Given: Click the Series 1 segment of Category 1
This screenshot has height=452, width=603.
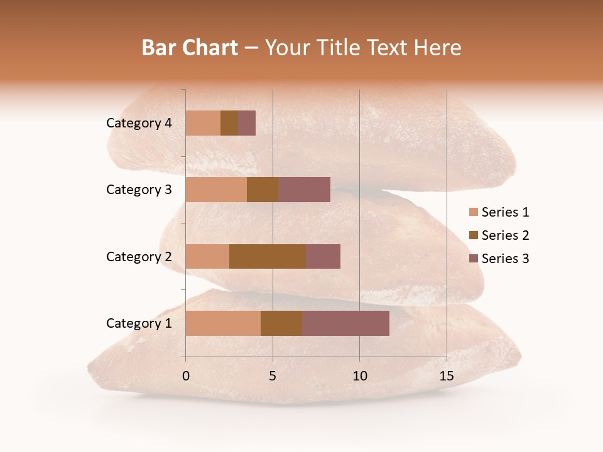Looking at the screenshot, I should (x=223, y=323).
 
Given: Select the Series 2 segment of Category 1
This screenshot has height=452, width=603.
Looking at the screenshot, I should (x=281, y=323).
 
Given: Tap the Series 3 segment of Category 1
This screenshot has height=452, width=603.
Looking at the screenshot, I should (x=345, y=323).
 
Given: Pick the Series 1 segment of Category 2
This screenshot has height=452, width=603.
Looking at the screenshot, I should (x=207, y=256).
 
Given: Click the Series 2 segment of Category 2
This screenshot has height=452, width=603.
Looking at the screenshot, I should (x=268, y=256).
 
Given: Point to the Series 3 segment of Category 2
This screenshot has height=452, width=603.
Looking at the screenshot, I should (x=323, y=256).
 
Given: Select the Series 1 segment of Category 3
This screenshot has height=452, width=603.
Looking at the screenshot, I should (x=216, y=190).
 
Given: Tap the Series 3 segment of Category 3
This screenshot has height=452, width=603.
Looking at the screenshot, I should (x=304, y=190).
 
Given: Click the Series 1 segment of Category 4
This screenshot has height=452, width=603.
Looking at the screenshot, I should (x=203, y=123).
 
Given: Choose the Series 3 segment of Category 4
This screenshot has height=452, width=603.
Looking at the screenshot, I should (x=247, y=123).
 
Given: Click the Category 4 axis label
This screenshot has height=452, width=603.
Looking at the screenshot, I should (x=139, y=123).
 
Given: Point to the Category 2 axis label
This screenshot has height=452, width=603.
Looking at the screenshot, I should (x=139, y=256).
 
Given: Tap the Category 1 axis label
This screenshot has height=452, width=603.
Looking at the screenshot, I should (x=139, y=323).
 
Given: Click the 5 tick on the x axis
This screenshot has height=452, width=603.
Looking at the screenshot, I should (x=273, y=376).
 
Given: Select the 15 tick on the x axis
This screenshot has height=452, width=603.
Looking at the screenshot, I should (x=446, y=376).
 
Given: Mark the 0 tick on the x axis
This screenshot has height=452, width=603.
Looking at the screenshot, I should (x=186, y=376).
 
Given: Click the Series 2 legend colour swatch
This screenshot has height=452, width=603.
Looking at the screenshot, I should (x=473, y=235).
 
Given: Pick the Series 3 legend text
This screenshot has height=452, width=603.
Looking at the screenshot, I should (x=505, y=259).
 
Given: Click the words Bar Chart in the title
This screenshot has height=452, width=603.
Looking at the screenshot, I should (x=190, y=48).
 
